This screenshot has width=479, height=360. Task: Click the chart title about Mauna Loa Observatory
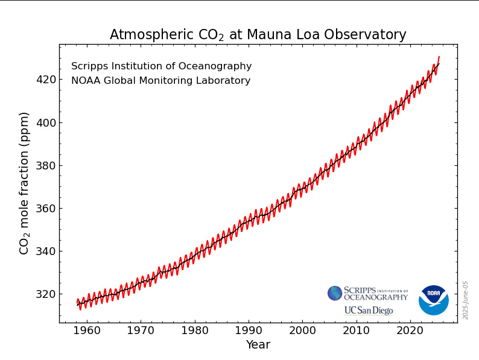258,35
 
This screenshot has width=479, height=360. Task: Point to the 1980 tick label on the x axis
195,331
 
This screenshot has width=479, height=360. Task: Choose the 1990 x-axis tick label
249,331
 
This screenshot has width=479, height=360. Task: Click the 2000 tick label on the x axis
303,331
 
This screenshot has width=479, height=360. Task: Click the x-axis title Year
258,345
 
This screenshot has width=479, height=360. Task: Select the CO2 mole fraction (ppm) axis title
25,183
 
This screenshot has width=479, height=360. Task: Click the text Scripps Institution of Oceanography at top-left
161,66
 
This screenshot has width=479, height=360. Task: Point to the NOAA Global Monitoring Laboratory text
160,81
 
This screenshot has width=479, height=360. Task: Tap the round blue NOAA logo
434,300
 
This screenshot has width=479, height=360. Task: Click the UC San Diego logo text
368,311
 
